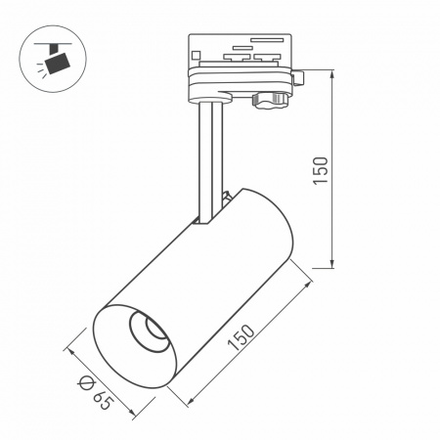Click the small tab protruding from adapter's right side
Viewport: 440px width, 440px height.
point(302,77)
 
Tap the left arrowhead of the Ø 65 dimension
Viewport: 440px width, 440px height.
point(69,347)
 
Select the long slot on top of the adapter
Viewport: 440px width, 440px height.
point(268,41)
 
